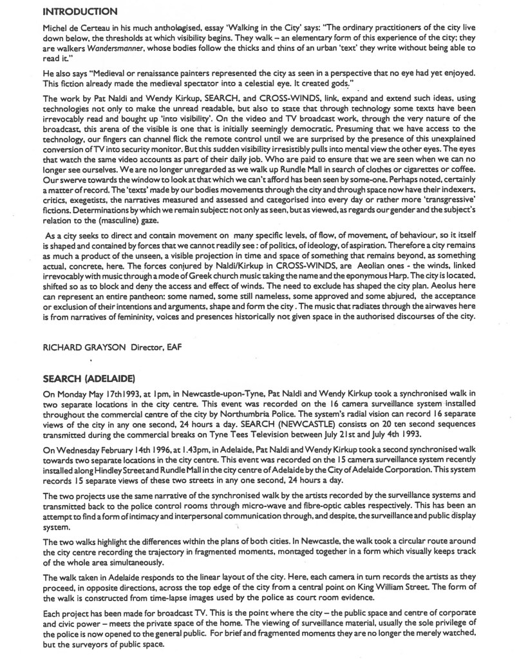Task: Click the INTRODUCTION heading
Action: click(80, 12)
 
